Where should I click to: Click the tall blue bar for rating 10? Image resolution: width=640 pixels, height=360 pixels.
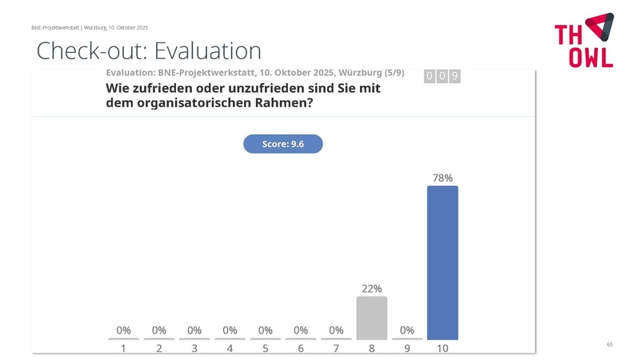(442, 262)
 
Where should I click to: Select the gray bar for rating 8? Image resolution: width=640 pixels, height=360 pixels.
(371, 318)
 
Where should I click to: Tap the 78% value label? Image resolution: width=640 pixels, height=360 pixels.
(442, 178)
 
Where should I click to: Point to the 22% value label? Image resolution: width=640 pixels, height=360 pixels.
(371, 289)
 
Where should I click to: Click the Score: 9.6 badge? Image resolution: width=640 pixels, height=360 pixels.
(282, 144)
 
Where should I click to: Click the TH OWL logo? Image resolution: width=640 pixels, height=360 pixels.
(584, 40)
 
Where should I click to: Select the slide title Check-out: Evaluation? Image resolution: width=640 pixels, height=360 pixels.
(149, 51)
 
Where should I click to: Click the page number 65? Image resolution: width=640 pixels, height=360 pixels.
(610, 344)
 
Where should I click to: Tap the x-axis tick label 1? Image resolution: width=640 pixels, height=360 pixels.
(123, 349)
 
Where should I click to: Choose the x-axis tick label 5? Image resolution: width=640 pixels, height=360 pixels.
(265, 349)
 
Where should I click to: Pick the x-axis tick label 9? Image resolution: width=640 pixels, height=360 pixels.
(407, 349)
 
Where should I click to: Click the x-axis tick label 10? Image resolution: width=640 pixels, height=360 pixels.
(442, 349)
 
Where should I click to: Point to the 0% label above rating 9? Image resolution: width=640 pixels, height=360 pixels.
(407, 330)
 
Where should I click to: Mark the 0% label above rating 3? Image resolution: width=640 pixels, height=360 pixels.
(194, 330)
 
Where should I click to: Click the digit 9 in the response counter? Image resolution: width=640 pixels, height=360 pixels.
(454, 76)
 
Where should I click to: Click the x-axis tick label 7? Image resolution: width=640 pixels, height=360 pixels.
(336, 349)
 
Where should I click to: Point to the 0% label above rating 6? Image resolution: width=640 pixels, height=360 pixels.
(301, 330)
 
